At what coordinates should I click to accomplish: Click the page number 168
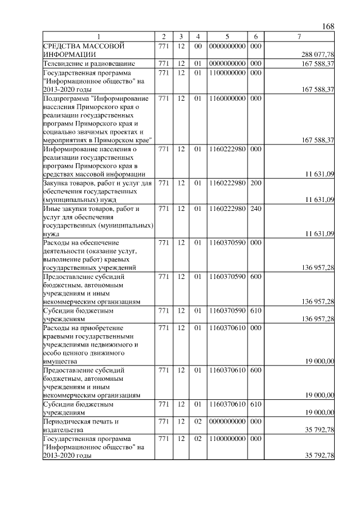(328, 27)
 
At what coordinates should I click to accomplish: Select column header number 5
(228, 37)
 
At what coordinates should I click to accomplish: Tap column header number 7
(300, 37)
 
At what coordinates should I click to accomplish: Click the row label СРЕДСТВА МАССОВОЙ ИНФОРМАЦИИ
(83, 49)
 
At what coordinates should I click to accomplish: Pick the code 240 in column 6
(255, 209)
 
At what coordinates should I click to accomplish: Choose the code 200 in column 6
(255, 183)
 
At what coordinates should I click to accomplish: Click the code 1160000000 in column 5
(228, 98)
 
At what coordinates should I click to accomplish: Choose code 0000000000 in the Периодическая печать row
(228, 420)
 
